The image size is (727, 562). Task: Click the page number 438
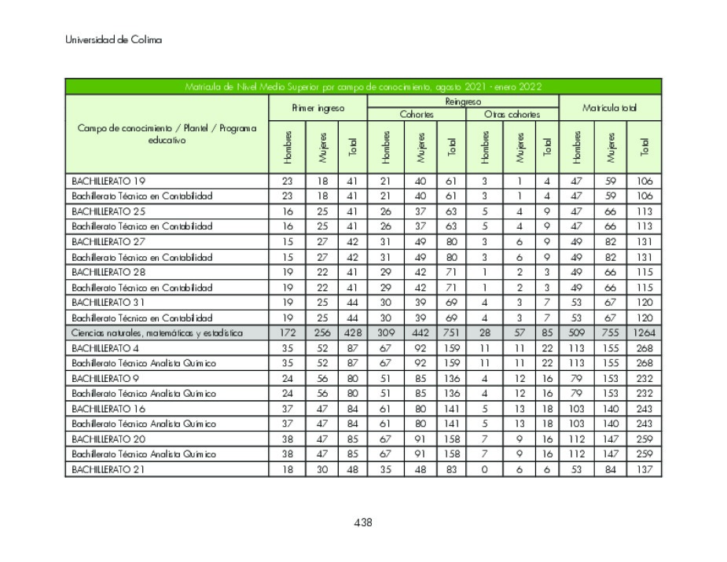click(362, 523)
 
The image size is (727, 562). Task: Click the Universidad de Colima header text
click(113, 39)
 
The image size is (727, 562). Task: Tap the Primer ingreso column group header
click(318, 108)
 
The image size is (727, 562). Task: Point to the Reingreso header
click(462, 101)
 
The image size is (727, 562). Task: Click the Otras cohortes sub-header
click(511, 114)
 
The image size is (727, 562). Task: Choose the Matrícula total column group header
click(609, 108)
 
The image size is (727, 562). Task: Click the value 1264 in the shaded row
click(644, 332)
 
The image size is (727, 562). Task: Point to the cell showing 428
click(352, 332)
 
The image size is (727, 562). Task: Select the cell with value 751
click(450, 332)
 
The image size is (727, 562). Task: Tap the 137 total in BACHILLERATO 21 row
click(644, 469)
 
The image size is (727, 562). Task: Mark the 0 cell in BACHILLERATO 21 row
click(484, 469)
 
